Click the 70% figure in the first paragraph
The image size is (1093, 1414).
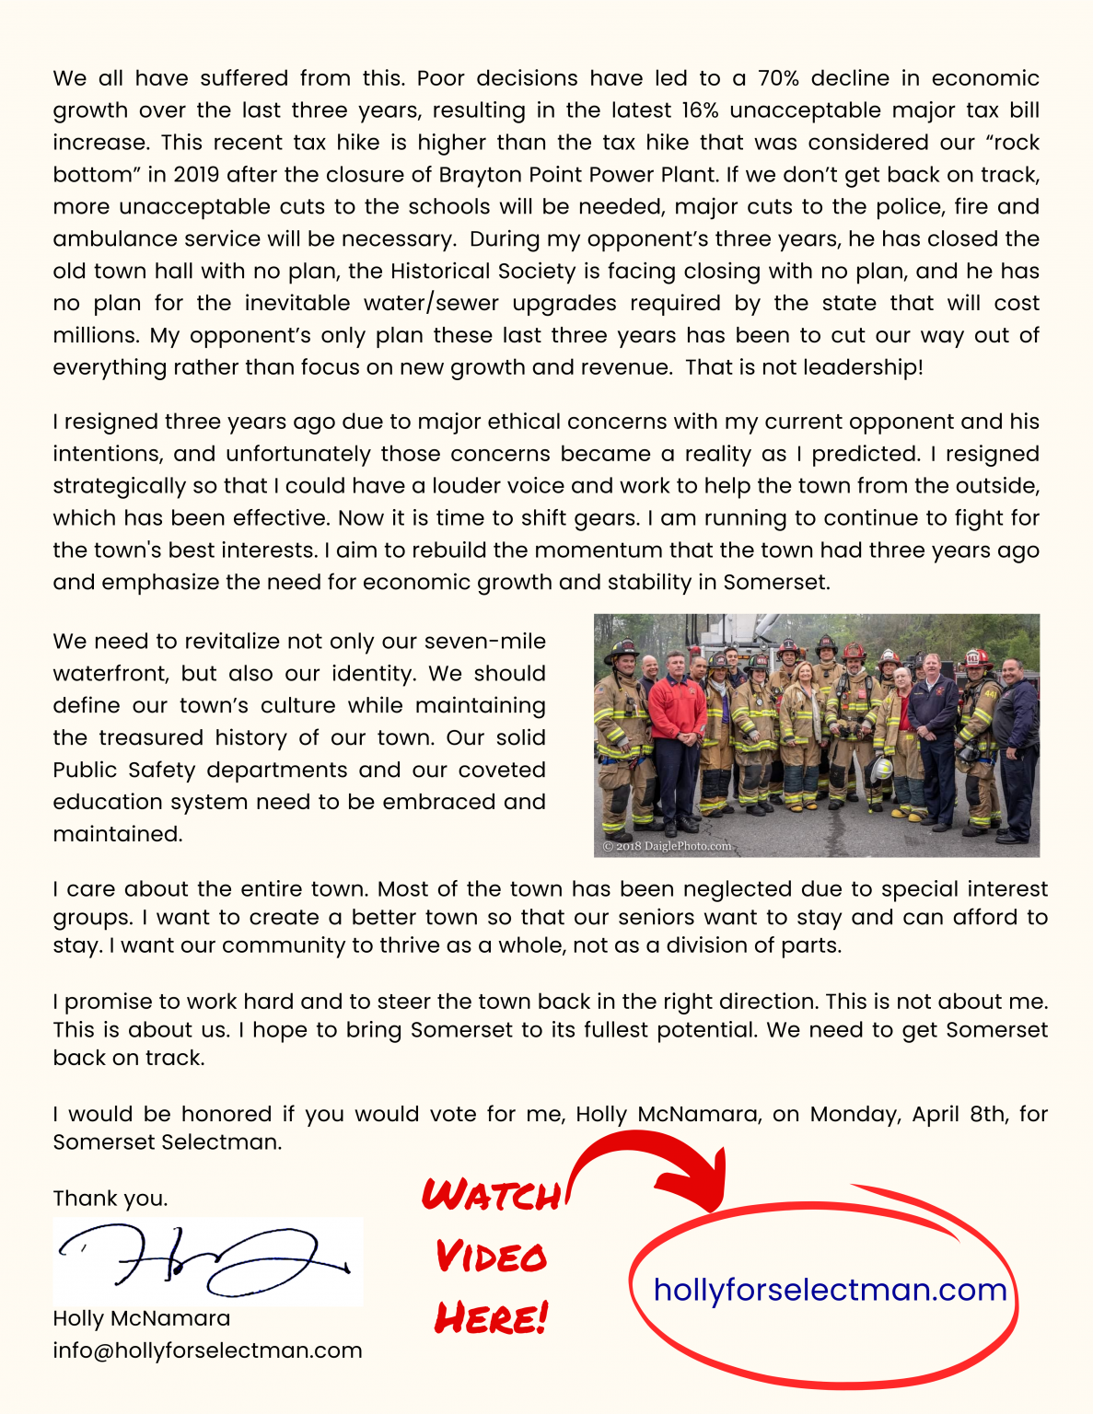coord(778,78)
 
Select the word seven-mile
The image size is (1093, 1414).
coord(484,642)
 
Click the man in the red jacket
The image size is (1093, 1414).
coord(677,710)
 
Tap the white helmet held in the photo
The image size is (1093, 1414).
coord(881,768)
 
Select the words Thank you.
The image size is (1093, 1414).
coord(110,1198)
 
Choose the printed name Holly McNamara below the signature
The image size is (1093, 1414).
coord(142,1318)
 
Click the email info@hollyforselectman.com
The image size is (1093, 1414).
coord(207,1350)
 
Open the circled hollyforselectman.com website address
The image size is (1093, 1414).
coord(830,1289)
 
